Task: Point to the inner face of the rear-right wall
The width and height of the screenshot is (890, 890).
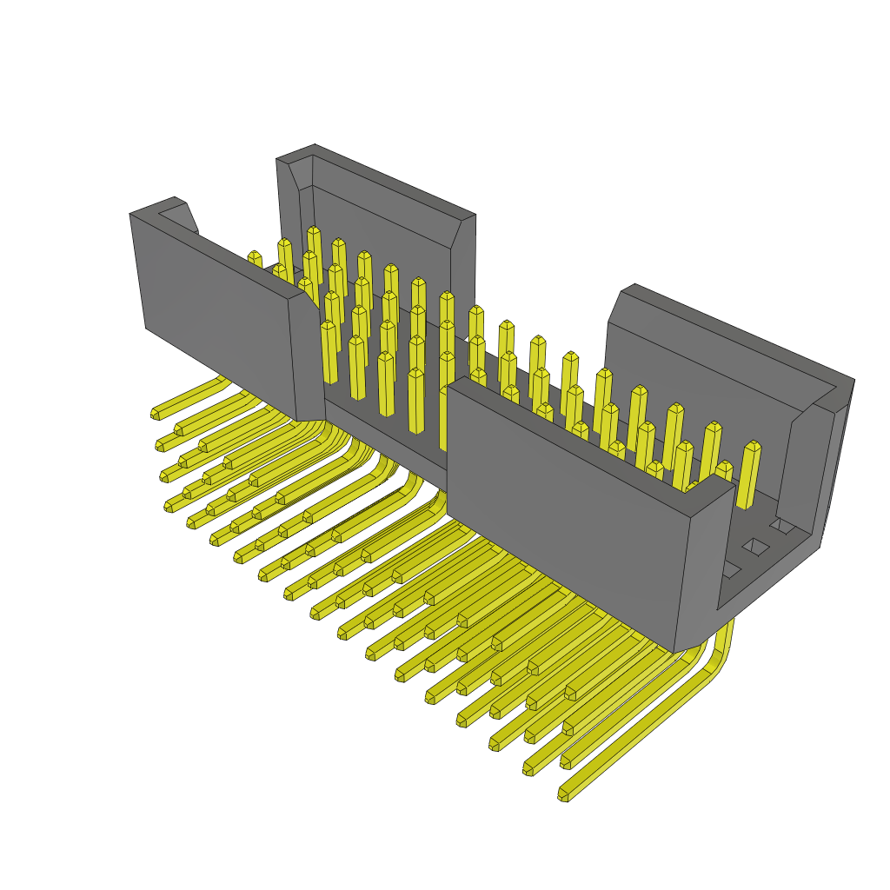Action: click(695, 382)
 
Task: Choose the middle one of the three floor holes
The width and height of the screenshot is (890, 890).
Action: click(754, 547)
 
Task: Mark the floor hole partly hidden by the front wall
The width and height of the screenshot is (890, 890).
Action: click(729, 569)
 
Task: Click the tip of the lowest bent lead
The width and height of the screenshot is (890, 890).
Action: click(563, 794)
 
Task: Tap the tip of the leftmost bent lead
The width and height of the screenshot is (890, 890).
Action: click(156, 414)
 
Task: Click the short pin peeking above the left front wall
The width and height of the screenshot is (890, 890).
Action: click(254, 258)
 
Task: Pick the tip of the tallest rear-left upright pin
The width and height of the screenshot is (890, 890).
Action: click(314, 231)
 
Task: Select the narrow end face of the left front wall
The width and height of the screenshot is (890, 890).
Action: click(306, 356)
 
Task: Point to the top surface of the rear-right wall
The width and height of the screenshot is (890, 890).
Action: click(730, 335)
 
